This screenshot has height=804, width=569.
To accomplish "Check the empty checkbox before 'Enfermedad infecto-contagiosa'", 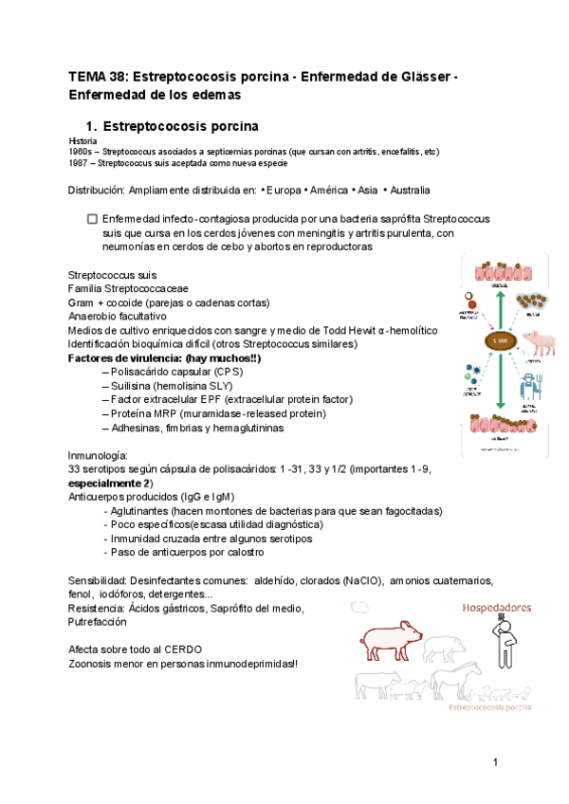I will [x=92, y=218].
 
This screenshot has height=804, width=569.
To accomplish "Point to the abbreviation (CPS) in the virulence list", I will [x=217, y=373].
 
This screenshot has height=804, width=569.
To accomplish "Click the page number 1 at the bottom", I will [x=495, y=763].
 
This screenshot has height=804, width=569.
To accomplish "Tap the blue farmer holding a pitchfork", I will [x=532, y=389].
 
